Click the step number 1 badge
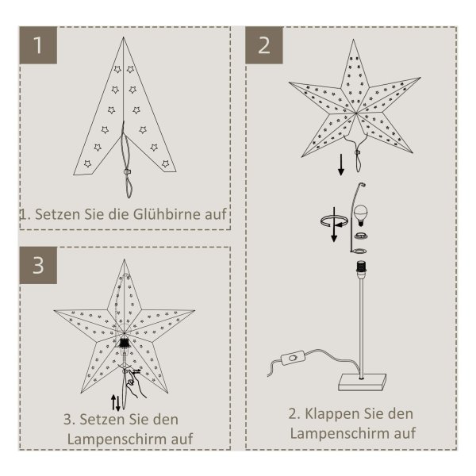click(38, 45)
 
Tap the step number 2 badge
click(264, 45)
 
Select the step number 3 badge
click(38, 265)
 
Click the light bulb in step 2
click(361, 215)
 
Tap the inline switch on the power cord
click(293, 359)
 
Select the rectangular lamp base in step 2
click(363, 382)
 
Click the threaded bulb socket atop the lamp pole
click(361, 267)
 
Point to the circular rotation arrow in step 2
click(334, 221)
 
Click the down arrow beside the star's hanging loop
click(341, 164)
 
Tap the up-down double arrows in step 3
click(116, 402)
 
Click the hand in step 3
click(136, 384)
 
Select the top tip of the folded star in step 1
click(123, 37)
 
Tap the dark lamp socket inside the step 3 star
click(124, 343)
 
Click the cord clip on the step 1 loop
click(127, 172)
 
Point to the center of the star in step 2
click(355, 113)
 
